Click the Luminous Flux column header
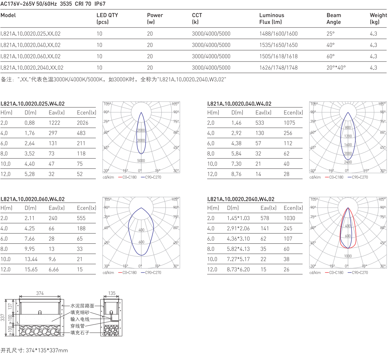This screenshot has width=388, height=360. (272, 19)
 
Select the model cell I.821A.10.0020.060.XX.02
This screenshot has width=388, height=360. (30, 56)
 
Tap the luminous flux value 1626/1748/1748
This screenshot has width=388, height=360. (278, 68)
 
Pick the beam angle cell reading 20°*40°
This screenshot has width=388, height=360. (336, 68)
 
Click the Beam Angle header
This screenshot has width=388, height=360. (334, 19)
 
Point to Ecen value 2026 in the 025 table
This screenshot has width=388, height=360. (82, 123)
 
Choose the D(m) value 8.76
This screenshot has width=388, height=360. (236, 174)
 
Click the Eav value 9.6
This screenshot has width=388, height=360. (52, 259)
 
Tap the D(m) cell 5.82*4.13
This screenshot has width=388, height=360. (238, 249)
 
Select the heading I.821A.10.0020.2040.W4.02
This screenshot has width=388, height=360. (241, 199)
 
